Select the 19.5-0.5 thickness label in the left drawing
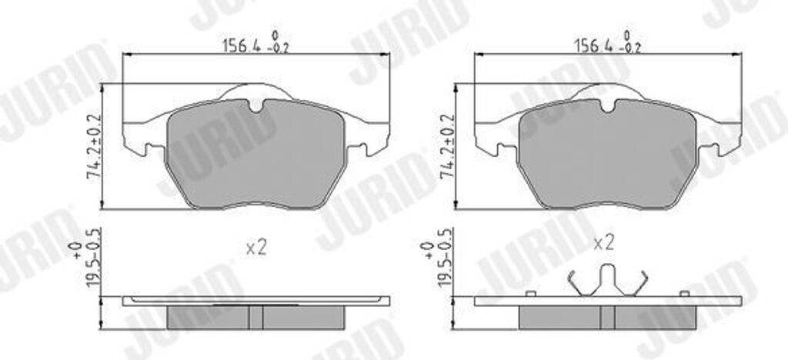coord(94,257)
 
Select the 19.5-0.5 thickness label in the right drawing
coord(446,257)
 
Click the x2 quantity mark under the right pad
coord(603,244)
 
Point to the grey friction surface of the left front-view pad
coord(255,155)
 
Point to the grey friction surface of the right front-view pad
coord(608,155)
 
